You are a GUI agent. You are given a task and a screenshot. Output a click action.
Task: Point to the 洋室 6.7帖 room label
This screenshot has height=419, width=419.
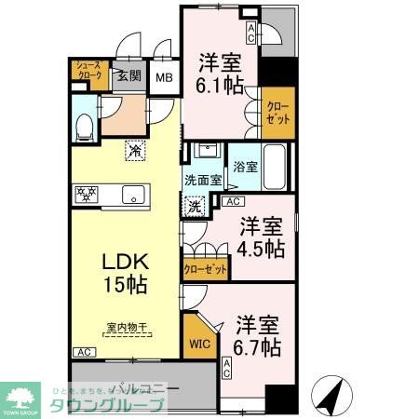(256, 337)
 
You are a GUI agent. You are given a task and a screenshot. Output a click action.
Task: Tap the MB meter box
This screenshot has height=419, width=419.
(164, 79)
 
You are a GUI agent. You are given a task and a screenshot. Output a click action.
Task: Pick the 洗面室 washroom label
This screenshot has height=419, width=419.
(201, 180)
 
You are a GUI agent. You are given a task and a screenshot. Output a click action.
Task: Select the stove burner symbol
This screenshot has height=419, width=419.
(87, 195)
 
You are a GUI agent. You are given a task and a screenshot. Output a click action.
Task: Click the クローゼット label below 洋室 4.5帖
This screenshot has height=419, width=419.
(205, 269)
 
